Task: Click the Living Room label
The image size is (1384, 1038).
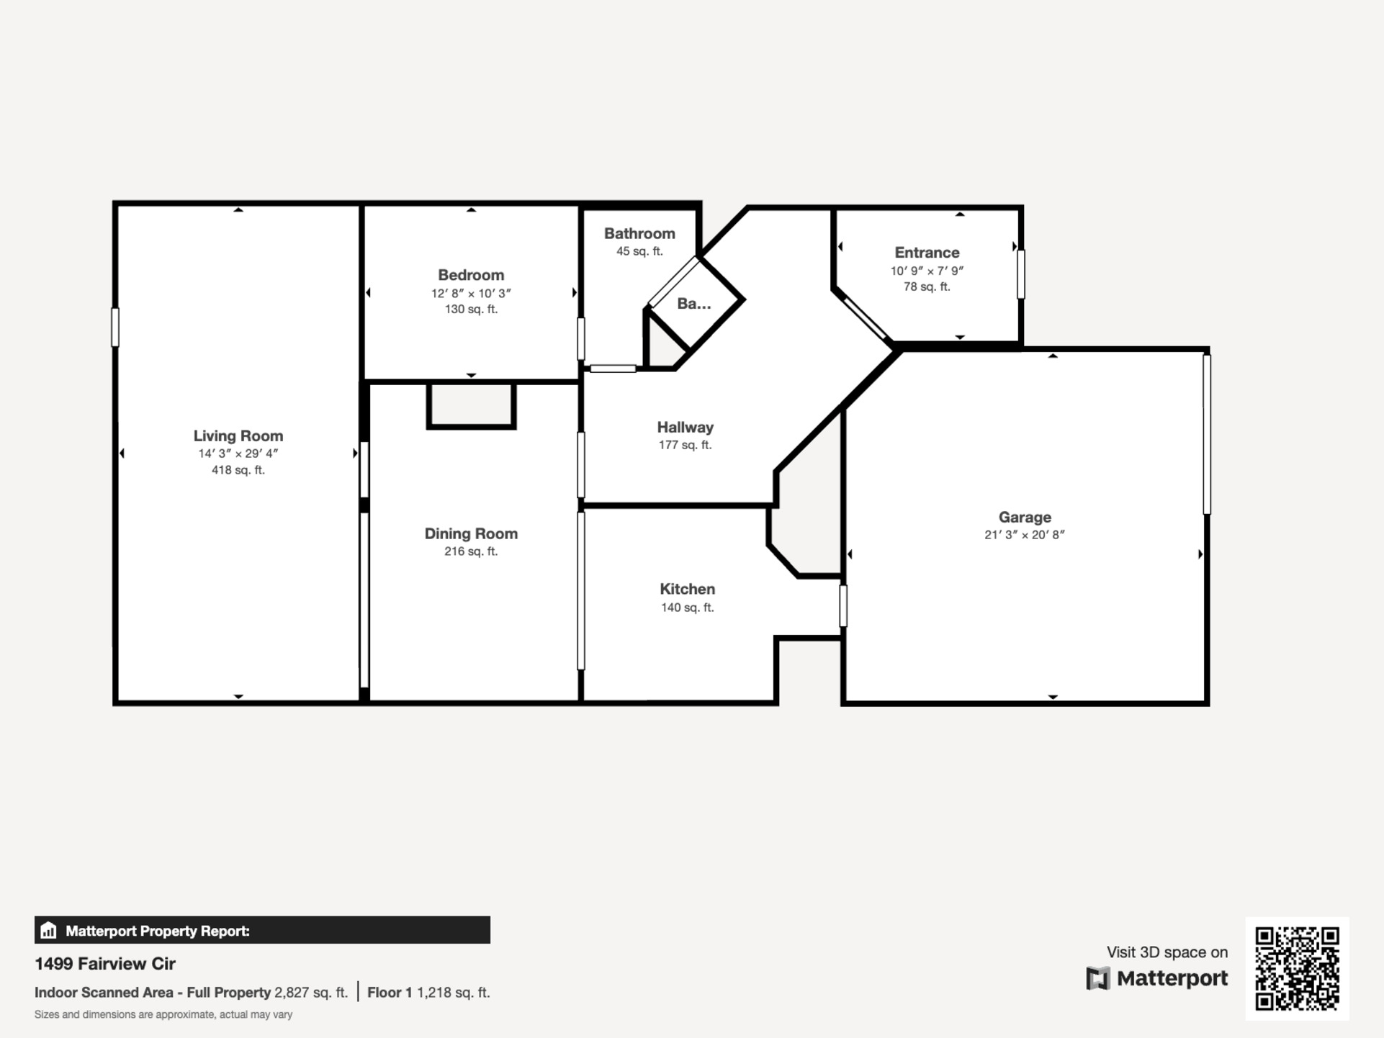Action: (238, 435)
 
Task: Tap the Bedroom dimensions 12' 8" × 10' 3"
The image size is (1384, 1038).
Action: (471, 293)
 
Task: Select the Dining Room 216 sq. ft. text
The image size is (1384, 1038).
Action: (471, 551)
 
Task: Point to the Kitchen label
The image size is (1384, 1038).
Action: (687, 589)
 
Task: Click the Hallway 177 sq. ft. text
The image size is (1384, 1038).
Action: (685, 445)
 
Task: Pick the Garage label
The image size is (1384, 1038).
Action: (1025, 517)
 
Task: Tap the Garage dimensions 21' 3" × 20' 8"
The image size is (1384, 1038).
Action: (1025, 534)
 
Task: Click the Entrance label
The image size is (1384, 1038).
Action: (927, 253)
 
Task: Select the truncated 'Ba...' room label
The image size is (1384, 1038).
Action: (693, 304)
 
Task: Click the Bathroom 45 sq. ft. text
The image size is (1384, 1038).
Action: (639, 251)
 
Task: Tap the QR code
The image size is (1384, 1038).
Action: (1297, 968)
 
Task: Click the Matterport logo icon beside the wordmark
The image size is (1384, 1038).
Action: (1097, 978)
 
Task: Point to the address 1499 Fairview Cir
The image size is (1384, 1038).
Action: (105, 963)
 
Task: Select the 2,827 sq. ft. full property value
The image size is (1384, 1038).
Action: (311, 993)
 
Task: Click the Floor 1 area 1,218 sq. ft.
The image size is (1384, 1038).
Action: (454, 993)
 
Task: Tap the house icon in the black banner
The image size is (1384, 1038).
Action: (48, 930)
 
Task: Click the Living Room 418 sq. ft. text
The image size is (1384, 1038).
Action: (238, 470)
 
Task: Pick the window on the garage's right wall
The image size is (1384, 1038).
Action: (1207, 434)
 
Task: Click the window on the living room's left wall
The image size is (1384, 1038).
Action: (115, 328)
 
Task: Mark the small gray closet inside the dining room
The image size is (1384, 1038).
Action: (471, 406)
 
